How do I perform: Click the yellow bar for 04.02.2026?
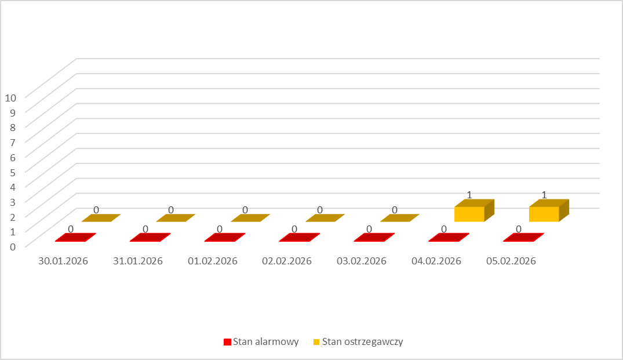point(469,214)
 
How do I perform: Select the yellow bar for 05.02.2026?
point(544,214)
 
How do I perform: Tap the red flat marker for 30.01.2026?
point(75,238)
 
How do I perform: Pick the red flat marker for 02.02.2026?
point(300,238)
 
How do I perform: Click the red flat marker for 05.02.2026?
point(524,238)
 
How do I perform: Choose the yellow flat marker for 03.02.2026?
point(400,218)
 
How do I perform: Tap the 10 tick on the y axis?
point(10,97)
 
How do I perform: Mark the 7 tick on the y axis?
point(12,141)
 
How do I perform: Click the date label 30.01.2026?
point(63,261)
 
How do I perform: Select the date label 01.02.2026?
point(213,261)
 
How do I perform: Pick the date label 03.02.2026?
point(362,261)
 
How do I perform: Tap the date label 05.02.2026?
point(511,261)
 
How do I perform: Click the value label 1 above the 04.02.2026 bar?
point(469,194)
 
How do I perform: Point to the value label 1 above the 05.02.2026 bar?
point(544,194)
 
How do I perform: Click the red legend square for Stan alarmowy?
point(227,342)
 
